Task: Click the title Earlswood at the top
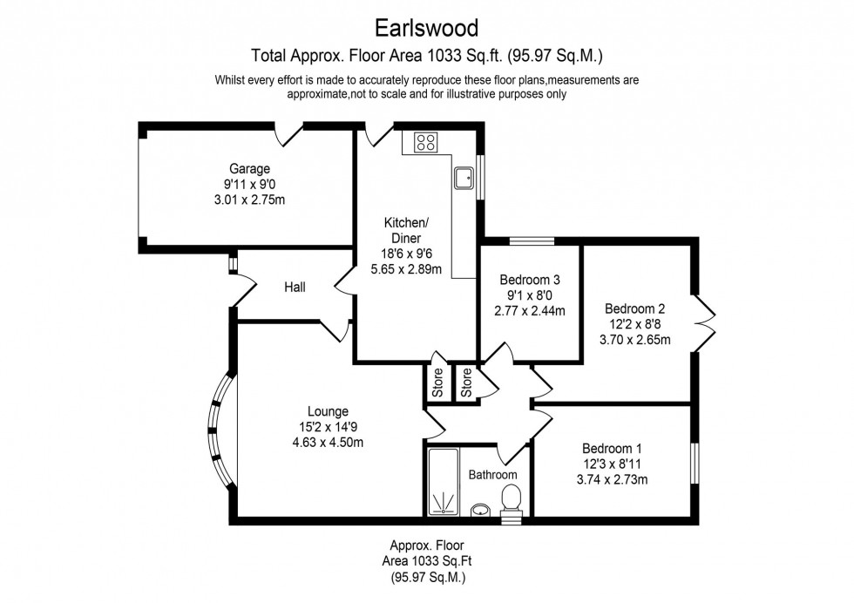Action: pos(426,28)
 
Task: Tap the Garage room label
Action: pos(249,168)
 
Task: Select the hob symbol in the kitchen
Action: pos(425,142)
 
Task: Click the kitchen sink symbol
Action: pos(464,178)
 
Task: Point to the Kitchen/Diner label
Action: pos(403,230)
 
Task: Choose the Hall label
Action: pos(294,287)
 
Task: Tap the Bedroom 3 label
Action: pos(529,281)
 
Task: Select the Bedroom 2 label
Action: pos(635,308)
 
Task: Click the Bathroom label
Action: pos(492,475)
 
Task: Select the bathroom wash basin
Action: pos(480,509)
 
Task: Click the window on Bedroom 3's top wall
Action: pos(532,241)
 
